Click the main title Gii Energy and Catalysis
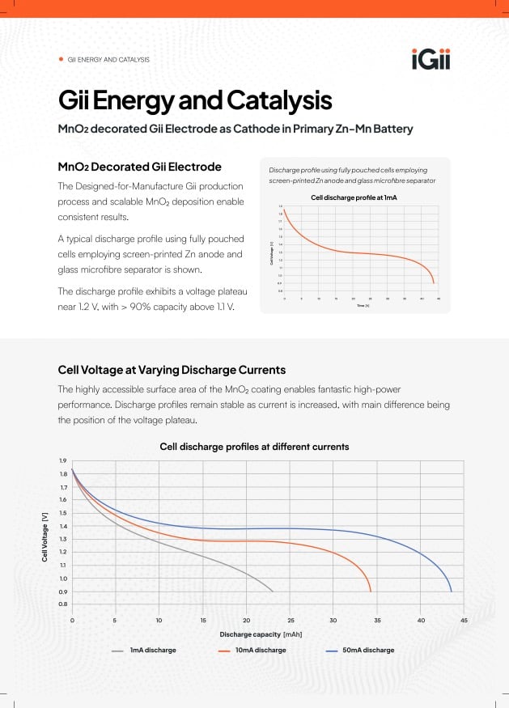[x=194, y=101]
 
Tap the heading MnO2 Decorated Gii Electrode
[x=139, y=167]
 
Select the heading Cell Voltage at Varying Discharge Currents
[x=172, y=370]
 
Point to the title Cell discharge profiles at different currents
[x=254, y=447]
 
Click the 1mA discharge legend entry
[x=153, y=650]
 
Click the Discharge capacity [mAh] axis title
[x=261, y=634]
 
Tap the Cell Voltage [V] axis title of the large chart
[x=45, y=532]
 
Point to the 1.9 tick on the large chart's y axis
[x=62, y=461]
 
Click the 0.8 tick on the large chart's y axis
[x=62, y=604]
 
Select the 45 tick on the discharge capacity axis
[x=464, y=621]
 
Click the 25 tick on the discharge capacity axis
[x=290, y=621]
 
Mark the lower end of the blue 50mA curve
[x=451, y=591]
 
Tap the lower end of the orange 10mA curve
[x=371, y=591]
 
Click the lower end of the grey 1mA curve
[x=272, y=591]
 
